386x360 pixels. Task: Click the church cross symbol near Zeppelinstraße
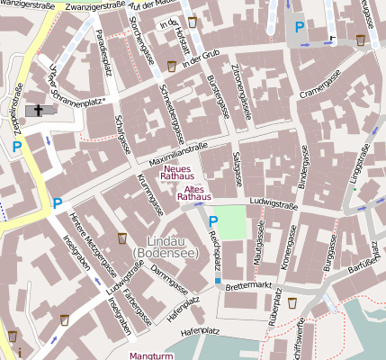point(37,111)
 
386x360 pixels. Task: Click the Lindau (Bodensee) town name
point(166,248)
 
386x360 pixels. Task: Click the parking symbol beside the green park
point(213,220)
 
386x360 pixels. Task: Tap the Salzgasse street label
point(238,167)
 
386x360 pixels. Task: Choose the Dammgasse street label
point(168,274)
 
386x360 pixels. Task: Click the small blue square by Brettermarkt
point(217,282)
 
